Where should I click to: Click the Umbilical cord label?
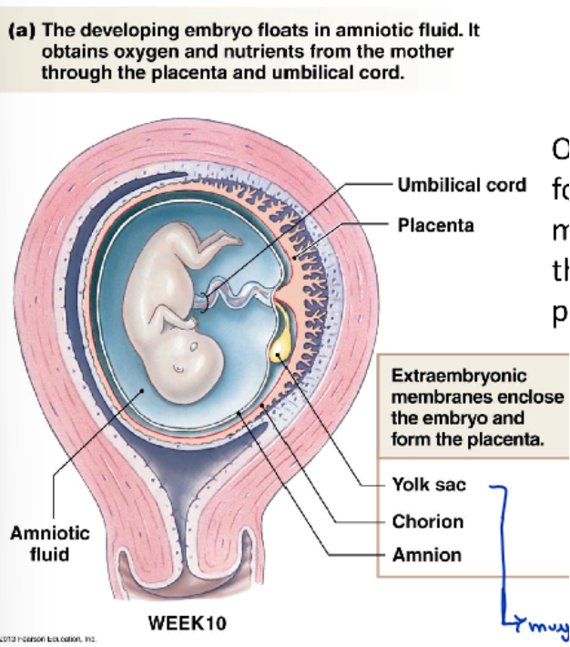coord(462,185)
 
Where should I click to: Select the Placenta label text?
coord(435,225)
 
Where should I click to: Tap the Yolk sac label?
coord(428,485)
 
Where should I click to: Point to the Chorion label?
coord(427,522)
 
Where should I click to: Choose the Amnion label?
coord(426,555)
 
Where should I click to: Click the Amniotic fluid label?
coord(50,544)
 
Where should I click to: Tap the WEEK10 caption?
coord(187,624)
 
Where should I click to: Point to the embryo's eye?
coord(194,348)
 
